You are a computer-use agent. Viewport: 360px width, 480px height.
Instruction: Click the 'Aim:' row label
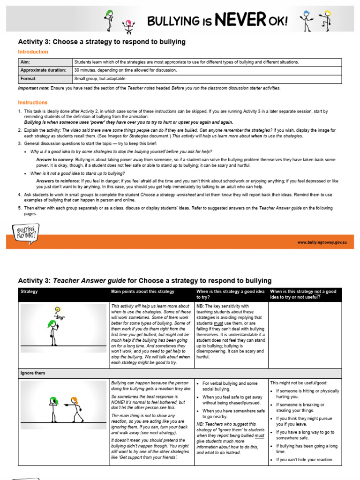(x=25, y=62)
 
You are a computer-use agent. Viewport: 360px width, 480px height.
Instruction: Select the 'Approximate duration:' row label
(x=43, y=70)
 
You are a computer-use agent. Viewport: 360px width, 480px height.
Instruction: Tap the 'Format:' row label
(x=28, y=79)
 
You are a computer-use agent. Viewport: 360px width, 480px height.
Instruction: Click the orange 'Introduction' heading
(x=33, y=52)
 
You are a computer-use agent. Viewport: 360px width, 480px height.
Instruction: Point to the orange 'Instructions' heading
(x=32, y=102)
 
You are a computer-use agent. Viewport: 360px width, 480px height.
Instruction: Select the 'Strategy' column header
(x=29, y=292)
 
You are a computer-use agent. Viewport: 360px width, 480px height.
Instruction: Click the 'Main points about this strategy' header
(x=142, y=292)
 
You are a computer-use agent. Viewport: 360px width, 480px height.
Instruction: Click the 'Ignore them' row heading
(x=33, y=373)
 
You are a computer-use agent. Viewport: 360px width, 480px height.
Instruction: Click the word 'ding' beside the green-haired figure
(x=60, y=318)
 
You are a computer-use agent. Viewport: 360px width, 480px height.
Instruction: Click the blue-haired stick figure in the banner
(x=307, y=21)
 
